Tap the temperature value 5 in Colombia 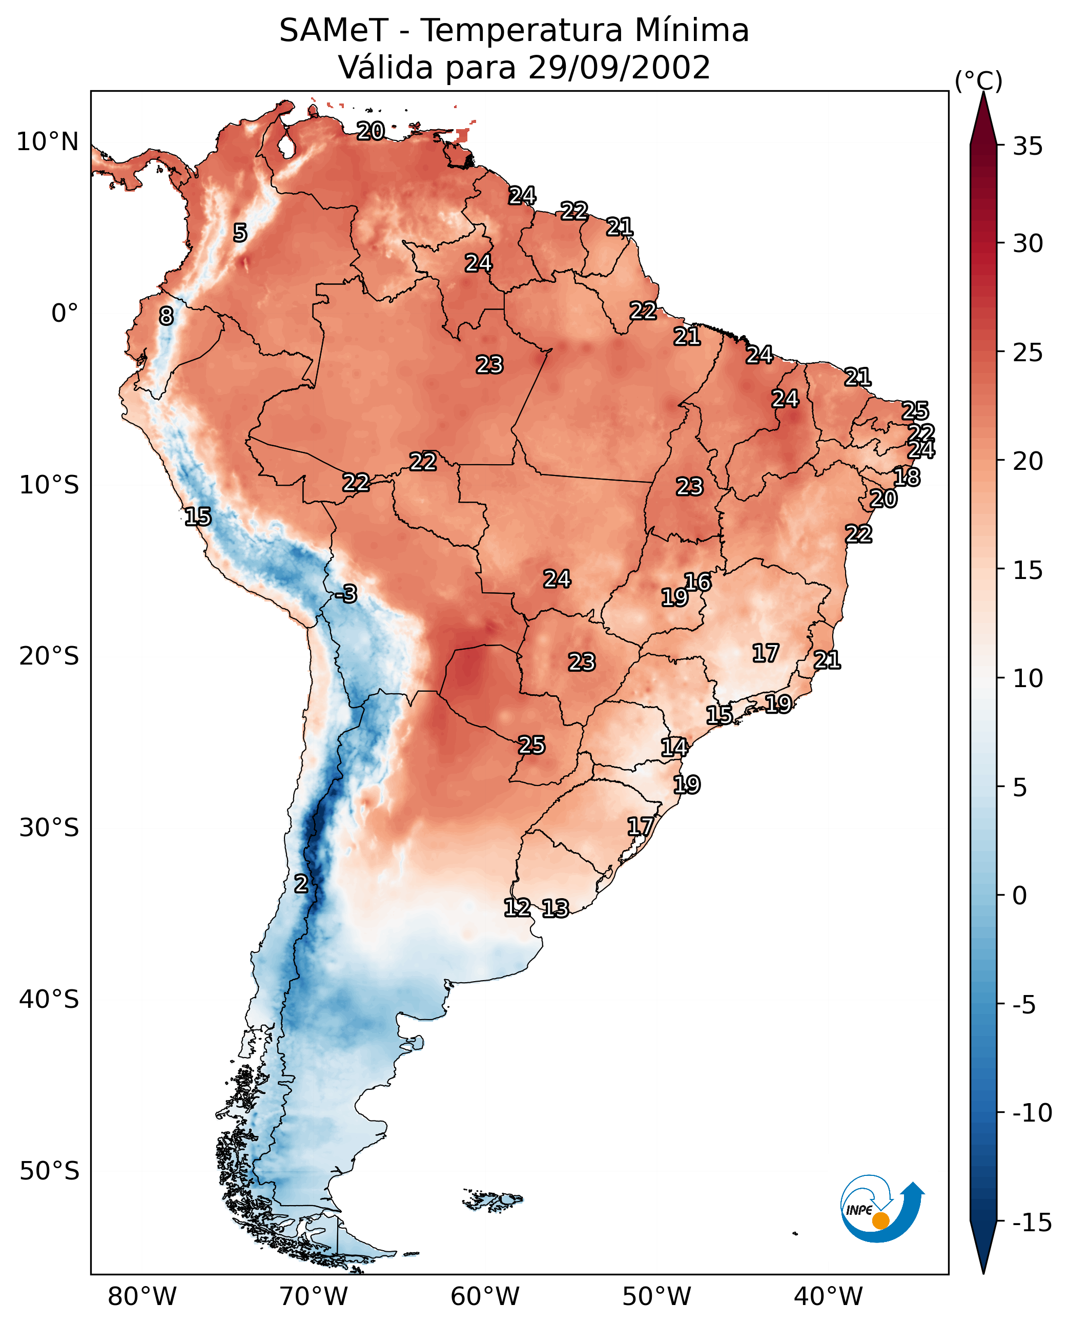(240, 233)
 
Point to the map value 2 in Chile (300, 883)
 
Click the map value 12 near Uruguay (517, 907)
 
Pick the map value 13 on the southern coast (556, 908)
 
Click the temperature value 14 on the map (674, 747)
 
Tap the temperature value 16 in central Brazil (697, 582)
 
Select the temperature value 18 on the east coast (907, 477)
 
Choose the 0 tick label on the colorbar (1020, 896)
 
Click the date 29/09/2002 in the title (620, 67)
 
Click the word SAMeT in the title (334, 30)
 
